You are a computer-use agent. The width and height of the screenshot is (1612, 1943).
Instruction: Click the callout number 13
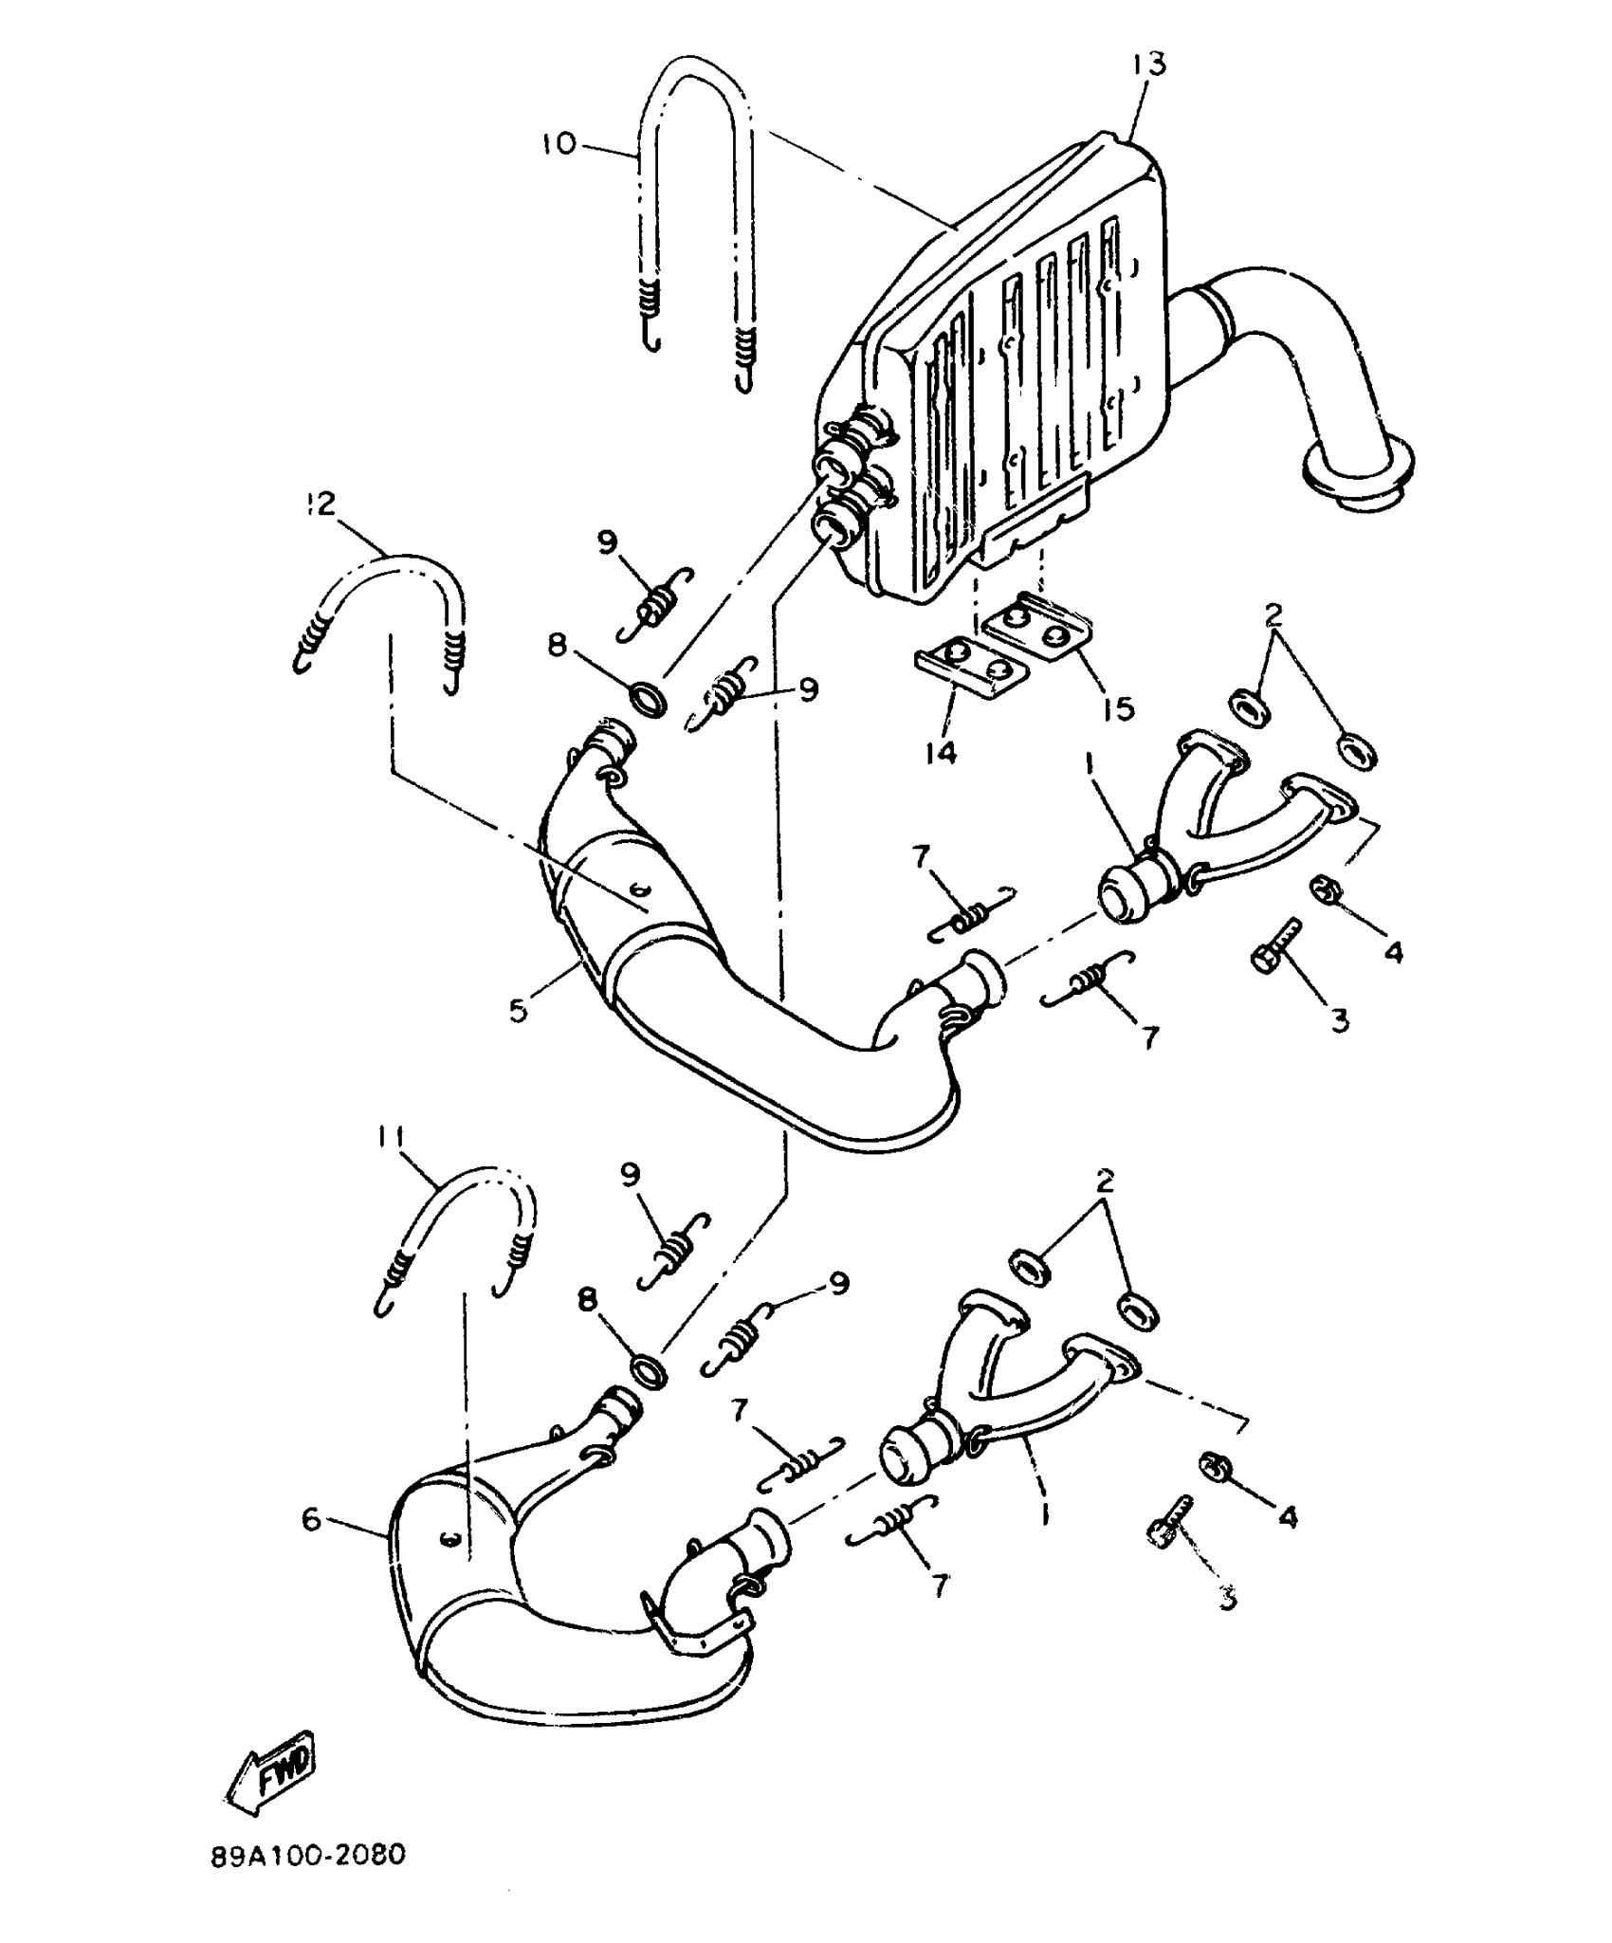[x=1147, y=64]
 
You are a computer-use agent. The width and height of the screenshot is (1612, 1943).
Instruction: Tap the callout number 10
[x=559, y=144]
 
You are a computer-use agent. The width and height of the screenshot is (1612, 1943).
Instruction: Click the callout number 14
[x=941, y=752]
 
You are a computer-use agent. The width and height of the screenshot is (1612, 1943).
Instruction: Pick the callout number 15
[x=1119, y=707]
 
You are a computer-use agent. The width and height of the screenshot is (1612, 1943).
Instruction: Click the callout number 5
[x=519, y=1010]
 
